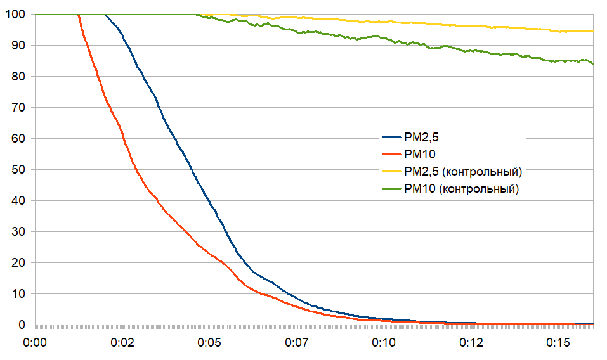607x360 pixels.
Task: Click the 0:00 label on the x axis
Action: click(x=35, y=343)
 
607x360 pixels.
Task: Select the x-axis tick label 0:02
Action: click(x=122, y=343)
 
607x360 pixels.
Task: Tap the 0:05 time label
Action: click(x=209, y=343)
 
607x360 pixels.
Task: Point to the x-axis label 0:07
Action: click(x=296, y=343)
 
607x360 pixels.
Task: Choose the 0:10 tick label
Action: click(x=383, y=343)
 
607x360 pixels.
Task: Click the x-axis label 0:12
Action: click(x=471, y=343)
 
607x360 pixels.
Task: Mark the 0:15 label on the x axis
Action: click(x=558, y=343)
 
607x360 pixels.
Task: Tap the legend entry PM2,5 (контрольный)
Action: click(x=462, y=171)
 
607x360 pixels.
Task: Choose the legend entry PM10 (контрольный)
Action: click(x=461, y=188)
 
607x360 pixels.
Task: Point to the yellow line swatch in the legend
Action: click(x=391, y=172)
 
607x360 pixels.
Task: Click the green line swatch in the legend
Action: click(x=391, y=189)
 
